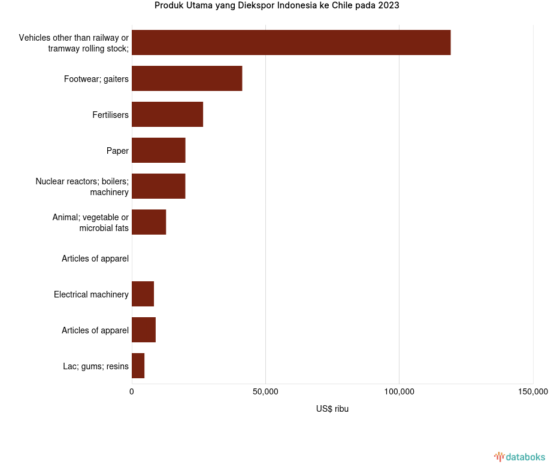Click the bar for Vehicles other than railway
(291, 42)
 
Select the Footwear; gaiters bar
(187, 78)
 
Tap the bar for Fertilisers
(167, 114)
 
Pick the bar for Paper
(159, 150)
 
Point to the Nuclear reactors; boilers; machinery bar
(159, 186)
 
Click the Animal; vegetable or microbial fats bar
(149, 222)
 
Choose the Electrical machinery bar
(143, 294)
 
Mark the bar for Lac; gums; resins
(138, 366)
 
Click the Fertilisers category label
(110, 115)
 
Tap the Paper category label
(117, 151)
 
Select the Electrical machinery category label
(91, 294)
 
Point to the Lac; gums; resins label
(96, 366)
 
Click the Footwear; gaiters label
(96, 79)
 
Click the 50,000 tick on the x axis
(265, 392)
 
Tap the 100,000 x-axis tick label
(399, 392)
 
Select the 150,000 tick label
(532, 392)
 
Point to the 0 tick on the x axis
(132, 392)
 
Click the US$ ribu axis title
(332, 409)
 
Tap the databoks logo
(520, 457)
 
